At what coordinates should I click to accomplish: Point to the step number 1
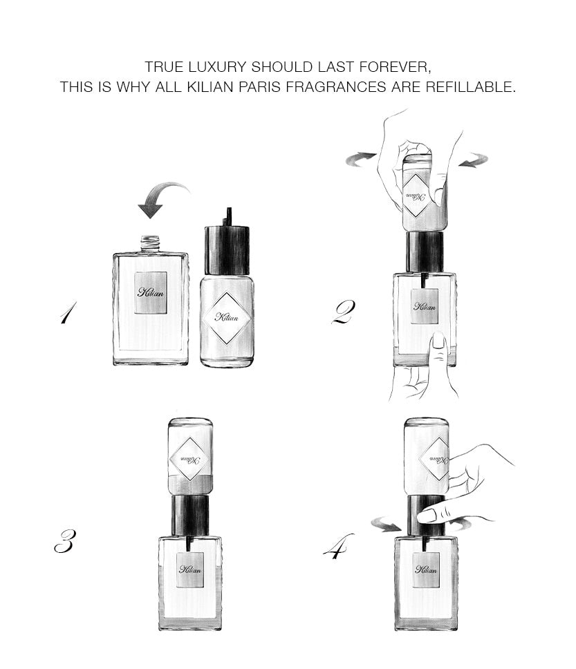click(x=68, y=312)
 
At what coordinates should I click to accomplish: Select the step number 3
click(x=66, y=541)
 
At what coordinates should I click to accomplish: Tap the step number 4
click(x=338, y=546)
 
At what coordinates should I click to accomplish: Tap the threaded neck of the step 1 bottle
click(x=150, y=244)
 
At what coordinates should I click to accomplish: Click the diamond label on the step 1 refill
click(x=227, y=317)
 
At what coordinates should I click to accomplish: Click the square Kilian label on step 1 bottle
click(x=150, y=293)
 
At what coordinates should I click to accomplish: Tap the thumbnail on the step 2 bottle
click(x=438, y=341)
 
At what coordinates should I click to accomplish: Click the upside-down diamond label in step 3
click(x=190, y=460)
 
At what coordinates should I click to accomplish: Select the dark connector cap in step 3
click(x=190, y=516)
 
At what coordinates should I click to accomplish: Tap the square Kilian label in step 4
click(x=426, y=569)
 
